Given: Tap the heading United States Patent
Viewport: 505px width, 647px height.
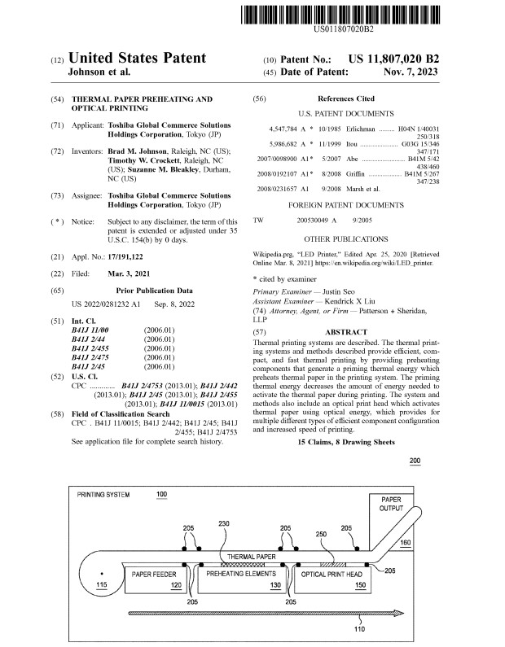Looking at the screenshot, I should coord(137,59).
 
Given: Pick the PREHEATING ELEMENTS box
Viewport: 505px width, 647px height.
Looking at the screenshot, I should coord(242,575).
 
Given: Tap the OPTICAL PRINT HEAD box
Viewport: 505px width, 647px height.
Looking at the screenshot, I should coord(332,575).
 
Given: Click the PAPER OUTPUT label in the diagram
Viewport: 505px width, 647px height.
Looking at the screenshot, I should coord(391,502).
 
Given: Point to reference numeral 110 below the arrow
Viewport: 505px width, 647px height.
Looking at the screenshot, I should coord(358,628).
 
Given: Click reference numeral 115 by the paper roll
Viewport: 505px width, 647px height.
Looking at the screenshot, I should coord(101,585).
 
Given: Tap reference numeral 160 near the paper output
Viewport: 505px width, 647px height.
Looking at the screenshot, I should coord(405,543).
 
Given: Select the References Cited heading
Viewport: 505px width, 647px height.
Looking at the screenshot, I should coord(346,98).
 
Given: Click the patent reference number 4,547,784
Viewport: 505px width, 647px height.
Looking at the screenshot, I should coord(283,129).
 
